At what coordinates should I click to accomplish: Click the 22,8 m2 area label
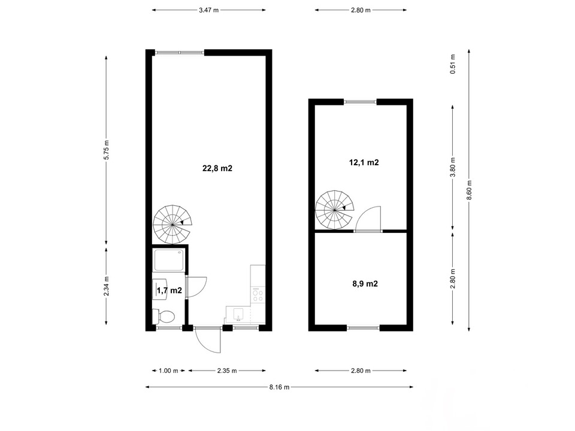coord(217,168)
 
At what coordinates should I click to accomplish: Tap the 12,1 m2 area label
coord(364,162)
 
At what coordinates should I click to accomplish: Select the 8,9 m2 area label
coord(365,284)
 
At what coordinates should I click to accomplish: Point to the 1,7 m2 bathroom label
coord(170,291)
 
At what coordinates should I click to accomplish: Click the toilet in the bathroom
coord(164,316)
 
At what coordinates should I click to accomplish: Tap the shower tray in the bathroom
coord(169,260)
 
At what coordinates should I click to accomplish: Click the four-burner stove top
coord(258,295)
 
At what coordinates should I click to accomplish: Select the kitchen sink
coord(238,314)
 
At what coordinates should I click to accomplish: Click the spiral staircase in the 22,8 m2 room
coord(172,224)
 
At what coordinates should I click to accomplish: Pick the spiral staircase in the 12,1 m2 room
coord(335,210)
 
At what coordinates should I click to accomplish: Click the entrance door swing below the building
coord(209,340)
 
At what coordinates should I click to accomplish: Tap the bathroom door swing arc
coord(196,287)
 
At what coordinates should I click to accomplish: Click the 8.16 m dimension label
coord(280,387)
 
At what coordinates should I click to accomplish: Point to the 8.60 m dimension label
coord(469,190)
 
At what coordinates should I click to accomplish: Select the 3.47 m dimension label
coord(208,10)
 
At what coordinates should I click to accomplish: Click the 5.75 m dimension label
coord(107,150)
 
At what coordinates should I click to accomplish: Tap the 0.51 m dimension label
coord(453,64)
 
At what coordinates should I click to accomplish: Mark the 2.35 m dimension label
coord(227,371)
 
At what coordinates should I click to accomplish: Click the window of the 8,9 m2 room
coord(363,328)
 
